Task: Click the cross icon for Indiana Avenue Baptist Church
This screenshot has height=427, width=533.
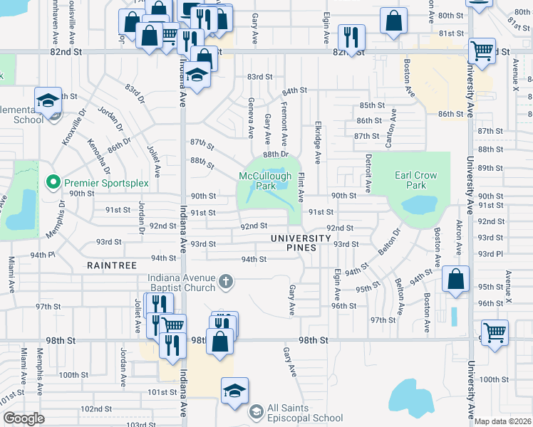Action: [225, 283]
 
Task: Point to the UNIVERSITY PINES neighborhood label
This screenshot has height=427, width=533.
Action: [300, 243]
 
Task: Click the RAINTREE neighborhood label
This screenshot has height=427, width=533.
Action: [110, 265]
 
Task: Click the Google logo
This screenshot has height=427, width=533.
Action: [24, 418]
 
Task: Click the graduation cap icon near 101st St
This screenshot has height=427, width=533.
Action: [234, 390]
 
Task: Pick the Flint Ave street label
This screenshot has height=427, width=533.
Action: [301, 186]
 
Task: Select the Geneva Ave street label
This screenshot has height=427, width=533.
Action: [251, 118]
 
